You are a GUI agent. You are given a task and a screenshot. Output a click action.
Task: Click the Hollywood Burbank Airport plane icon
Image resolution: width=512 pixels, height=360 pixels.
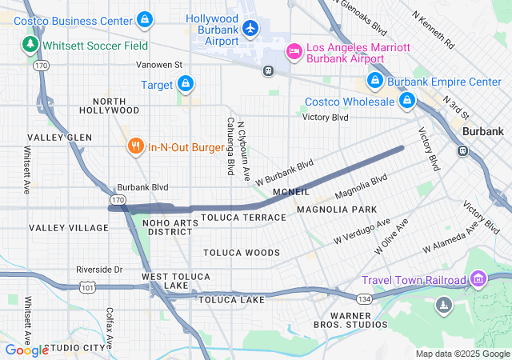coord(250,29)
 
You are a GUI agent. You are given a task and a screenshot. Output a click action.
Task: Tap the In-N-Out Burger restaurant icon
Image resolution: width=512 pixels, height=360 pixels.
coord(135,146)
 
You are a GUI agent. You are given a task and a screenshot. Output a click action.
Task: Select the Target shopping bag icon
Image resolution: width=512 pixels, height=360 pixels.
coord(185,83)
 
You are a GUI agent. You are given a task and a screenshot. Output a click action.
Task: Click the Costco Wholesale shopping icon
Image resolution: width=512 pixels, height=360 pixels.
coord(407,101)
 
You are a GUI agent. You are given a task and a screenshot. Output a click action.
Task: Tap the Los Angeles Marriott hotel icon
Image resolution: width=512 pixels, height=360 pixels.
coord(294,53)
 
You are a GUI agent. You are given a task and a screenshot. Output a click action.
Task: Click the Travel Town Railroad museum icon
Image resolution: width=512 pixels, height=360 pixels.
coord(478,279)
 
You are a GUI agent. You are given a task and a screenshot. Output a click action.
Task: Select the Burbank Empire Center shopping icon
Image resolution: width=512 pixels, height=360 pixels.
coord(374,81)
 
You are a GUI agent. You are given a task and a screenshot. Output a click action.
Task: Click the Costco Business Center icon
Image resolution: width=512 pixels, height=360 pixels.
coord(144,18)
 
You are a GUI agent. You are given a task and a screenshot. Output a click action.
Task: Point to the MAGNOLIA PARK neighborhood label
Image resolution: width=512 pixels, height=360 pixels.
coord(336,210)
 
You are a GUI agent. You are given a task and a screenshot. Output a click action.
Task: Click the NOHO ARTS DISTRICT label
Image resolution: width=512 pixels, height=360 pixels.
coord(170,226)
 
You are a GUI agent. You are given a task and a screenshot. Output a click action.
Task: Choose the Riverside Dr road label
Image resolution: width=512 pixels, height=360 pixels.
coord(99,270)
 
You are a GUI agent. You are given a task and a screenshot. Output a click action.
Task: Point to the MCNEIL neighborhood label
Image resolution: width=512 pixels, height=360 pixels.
coord(290,192)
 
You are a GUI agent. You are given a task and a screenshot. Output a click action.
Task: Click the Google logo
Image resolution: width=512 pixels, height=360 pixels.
coord(26,350)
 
